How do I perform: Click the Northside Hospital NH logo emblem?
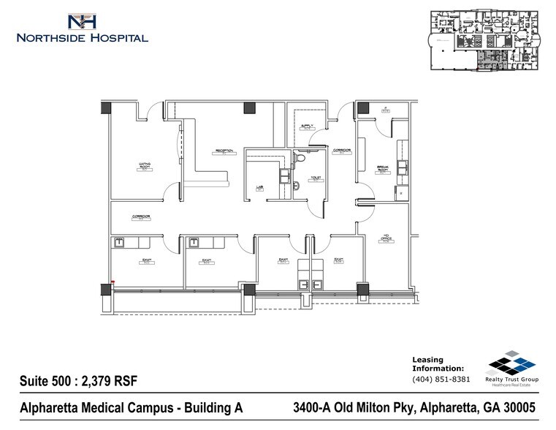pyautogui.click(x=81, y=21)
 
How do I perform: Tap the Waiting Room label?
pyautogui.click(x=145, y=165)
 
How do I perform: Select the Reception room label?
pyautogui.click(x=224, y=151)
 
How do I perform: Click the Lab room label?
pyautogui.click(x=259, y=187)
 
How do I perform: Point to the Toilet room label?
pyautogui.click(x=316, y=177)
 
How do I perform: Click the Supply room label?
pyautogui.click(x=307, y=127)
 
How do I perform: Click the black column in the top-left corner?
pyautogui.click(x=107, y=107)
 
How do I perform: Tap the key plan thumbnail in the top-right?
pyautogui.click(x=487, y=40)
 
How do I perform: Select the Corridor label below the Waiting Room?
pyautogui.click(x=142, y=217)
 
